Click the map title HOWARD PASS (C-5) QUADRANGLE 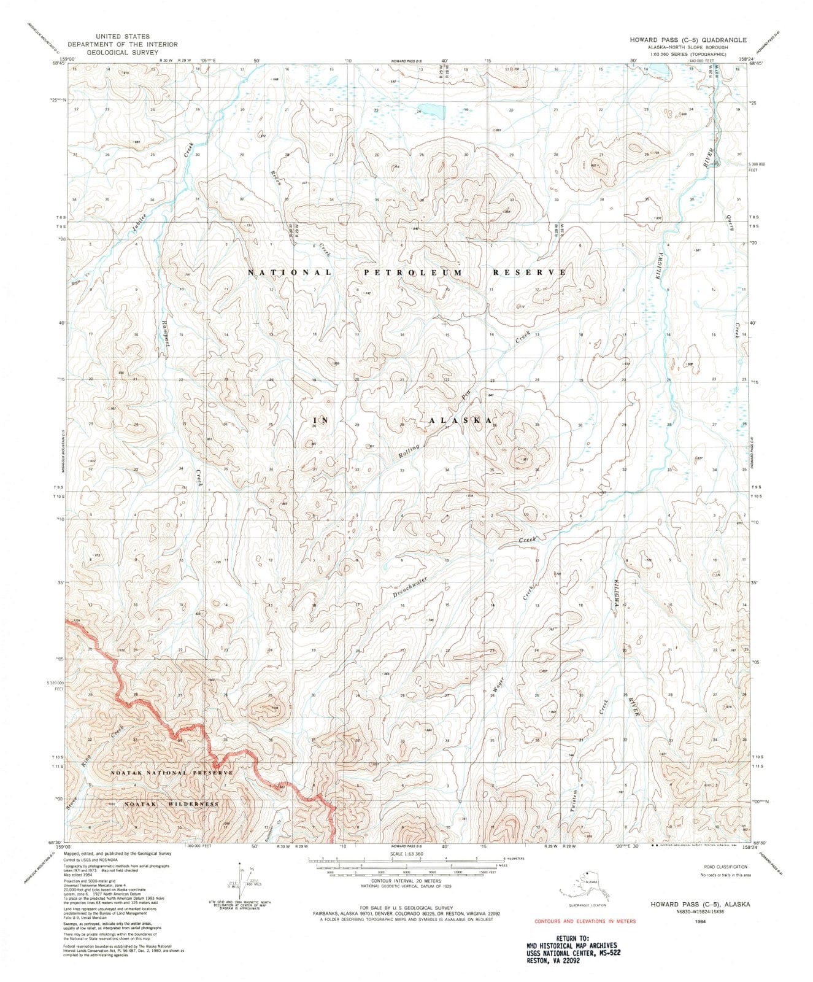click(x=687, y=39)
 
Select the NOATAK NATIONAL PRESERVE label click(x=171, y=772)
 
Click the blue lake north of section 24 click(x=433, y=112)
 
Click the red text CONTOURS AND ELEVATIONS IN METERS click(x=585, y=921)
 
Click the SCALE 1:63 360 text click(x=406, y=854)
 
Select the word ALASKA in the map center click(x=460, y=420)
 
